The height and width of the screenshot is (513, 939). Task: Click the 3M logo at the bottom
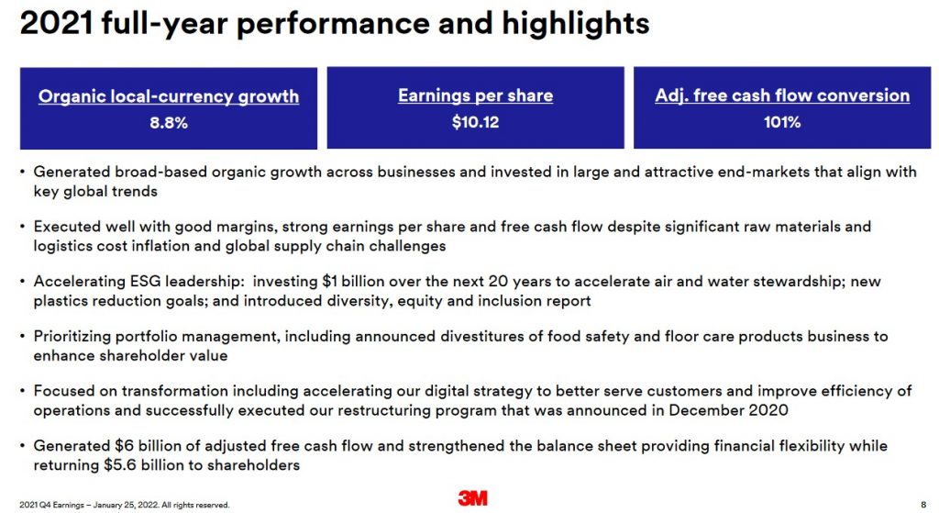coord(472,497)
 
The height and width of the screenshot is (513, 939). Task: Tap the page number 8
coord(923,505)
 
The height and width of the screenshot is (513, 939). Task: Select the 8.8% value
coord(169,123)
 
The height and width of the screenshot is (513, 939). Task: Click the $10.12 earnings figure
coord(476,122)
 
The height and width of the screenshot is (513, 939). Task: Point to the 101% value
coord(782,122)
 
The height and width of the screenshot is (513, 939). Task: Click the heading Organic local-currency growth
coord(169,96)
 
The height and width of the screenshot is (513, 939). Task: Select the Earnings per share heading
coord(476,95)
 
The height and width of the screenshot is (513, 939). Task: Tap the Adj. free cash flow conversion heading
coord(782,95)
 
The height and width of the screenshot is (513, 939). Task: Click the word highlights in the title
coord(576,24)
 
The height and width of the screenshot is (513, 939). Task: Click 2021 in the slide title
coord(57,23)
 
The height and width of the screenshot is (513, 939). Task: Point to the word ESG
coord(145,281)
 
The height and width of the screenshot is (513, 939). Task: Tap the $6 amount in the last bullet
coord(124,445)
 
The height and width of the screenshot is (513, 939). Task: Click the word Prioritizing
coord(72,337)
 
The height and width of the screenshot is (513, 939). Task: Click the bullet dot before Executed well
coord(22,227)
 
